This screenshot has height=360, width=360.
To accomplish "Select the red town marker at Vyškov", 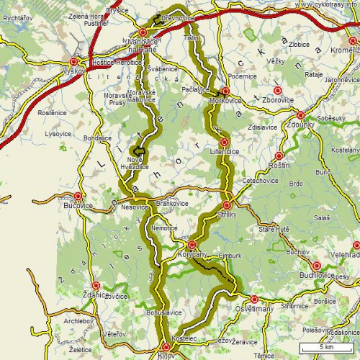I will [x=74, y=62].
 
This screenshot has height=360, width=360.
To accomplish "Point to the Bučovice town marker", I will [x=78, y=196].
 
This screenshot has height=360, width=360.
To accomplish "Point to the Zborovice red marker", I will [x=277, y=91].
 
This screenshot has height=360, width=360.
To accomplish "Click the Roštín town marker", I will [x=279, y=155].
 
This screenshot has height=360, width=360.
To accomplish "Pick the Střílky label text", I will [x=226, y=215].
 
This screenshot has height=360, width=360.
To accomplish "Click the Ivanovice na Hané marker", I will [x=143, y=32].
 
